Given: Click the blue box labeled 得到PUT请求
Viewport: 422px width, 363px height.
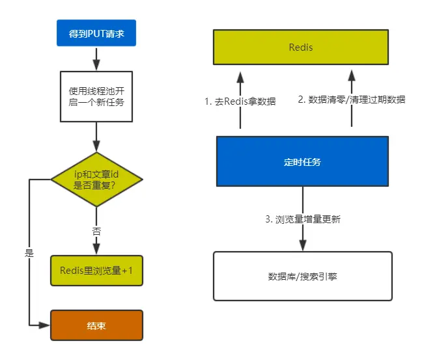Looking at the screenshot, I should click(x=96, y=34).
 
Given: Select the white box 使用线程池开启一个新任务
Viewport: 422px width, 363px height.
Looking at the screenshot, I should click(x=96, y=96).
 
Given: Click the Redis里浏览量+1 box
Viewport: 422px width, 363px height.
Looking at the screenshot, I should click(x=96, y=270).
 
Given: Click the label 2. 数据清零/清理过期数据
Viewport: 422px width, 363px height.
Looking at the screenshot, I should click(x=352, y=100).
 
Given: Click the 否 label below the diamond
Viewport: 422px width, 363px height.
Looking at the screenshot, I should click(x=96, y=230).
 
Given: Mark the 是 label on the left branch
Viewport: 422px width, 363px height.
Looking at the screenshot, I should click(x=29, y=253).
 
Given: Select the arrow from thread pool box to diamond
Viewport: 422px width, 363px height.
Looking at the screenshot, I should click(x=96, y=137).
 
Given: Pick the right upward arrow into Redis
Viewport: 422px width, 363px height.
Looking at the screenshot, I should click(x=352, y=78).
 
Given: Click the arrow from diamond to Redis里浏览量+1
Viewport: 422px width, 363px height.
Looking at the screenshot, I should click(x=96, y=244).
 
